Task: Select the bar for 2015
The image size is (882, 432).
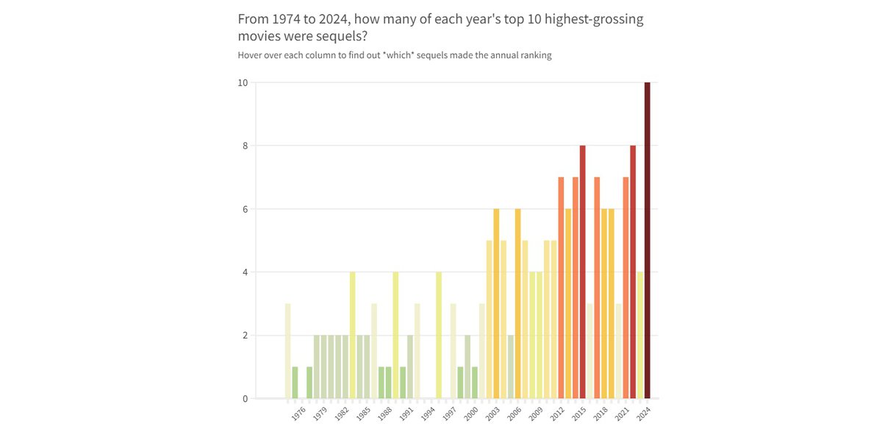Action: (583, 272)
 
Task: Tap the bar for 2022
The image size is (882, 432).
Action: (633, 272)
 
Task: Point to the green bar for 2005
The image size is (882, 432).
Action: (511, 367)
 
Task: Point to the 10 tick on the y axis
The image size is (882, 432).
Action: (242, 82)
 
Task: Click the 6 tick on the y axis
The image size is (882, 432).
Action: (244, 209)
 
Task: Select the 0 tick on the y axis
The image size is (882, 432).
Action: (244, 399)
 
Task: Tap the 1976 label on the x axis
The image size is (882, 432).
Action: (298, 414)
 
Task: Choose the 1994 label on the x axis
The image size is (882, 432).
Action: (428, 414)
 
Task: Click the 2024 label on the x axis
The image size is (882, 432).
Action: (644, 414)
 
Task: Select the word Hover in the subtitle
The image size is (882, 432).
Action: (251, 55)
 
